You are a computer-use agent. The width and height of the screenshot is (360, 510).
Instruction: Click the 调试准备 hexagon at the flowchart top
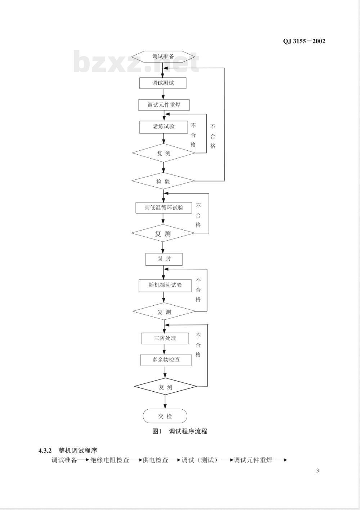(x=163, y=56)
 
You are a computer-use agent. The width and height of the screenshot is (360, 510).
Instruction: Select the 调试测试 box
(x=163, y=83)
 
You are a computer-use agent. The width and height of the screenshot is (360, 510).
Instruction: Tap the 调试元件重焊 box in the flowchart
(x=164, y=105)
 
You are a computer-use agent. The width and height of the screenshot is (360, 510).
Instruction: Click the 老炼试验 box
(x=164, y=127)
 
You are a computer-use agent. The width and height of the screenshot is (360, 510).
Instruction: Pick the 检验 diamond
(x=163, y=182)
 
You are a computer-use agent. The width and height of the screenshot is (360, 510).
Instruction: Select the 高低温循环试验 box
(x=164, y=208)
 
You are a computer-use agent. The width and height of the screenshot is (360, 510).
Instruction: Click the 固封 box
(x=164, y=259)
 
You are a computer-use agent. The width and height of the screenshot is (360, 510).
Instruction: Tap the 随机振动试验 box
(x=165, y=285)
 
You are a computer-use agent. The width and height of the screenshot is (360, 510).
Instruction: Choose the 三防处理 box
(x=165, y=338)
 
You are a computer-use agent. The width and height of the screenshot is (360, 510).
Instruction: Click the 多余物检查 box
(x=166, y=360)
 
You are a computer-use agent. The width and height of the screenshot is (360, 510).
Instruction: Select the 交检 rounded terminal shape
(x=165, y=416)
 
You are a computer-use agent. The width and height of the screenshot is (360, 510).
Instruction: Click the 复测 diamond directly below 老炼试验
(x=163, y=154)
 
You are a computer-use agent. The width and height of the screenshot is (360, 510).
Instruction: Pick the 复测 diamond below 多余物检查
(x=166, y=387)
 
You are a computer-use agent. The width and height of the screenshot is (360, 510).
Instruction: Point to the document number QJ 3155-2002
(x=304, y=41)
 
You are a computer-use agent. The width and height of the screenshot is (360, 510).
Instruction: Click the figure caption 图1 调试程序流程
(x=180, y=431)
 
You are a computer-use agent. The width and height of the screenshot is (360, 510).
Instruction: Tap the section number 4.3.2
(x=45, y=451)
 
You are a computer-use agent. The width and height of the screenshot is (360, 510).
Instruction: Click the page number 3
(x=318, y=471)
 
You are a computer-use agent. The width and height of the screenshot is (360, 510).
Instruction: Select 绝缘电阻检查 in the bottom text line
(x=109, y=460)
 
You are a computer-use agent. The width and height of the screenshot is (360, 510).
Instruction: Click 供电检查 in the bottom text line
(x=155, y=460)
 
